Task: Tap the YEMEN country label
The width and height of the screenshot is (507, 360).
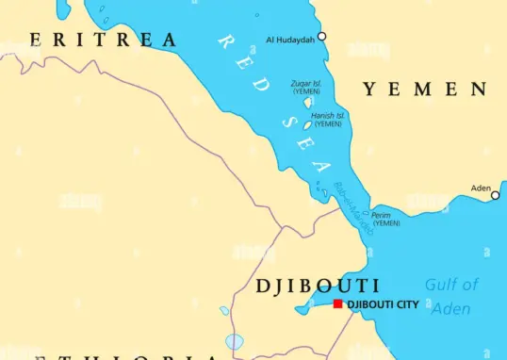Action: click(425, 90)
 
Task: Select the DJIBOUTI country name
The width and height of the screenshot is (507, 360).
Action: click(318, 286)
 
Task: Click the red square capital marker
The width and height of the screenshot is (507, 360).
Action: click(338, 304)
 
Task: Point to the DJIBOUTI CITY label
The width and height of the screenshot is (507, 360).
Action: click(383, 304)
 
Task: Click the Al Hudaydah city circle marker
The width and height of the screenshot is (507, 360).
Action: click(321, 37)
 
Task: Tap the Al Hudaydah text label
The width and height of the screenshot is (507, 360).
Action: click(289, 39)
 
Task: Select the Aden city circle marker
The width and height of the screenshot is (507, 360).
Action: click(495, 195)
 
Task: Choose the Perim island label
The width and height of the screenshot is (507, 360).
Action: click(384, 219)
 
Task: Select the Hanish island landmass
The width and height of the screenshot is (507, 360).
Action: click(307, 124)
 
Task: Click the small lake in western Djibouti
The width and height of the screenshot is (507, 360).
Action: click(224, 310)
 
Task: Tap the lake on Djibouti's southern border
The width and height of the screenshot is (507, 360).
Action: click(234, 341)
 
